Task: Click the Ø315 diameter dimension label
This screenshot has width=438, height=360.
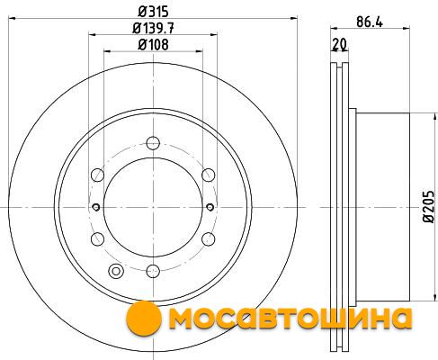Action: click(x=153, y=12)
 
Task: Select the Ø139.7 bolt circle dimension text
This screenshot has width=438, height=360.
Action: click(x=153, y=29)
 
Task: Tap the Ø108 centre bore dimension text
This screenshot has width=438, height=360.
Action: click(x=153, y=45)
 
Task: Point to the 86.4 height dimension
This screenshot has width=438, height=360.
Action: click(x=370, y=22)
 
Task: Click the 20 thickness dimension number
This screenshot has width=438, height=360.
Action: click(x=339, y=45)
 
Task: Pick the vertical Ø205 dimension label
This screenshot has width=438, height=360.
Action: click(x=428, y=207)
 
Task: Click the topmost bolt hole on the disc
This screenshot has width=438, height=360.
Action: click(x=153, y=143)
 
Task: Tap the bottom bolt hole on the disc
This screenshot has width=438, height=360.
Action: click(x=153, y=271)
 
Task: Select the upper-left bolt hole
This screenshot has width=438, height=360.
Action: click(x=97, y=175)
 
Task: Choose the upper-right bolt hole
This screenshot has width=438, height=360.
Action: click(x=209, y=175)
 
